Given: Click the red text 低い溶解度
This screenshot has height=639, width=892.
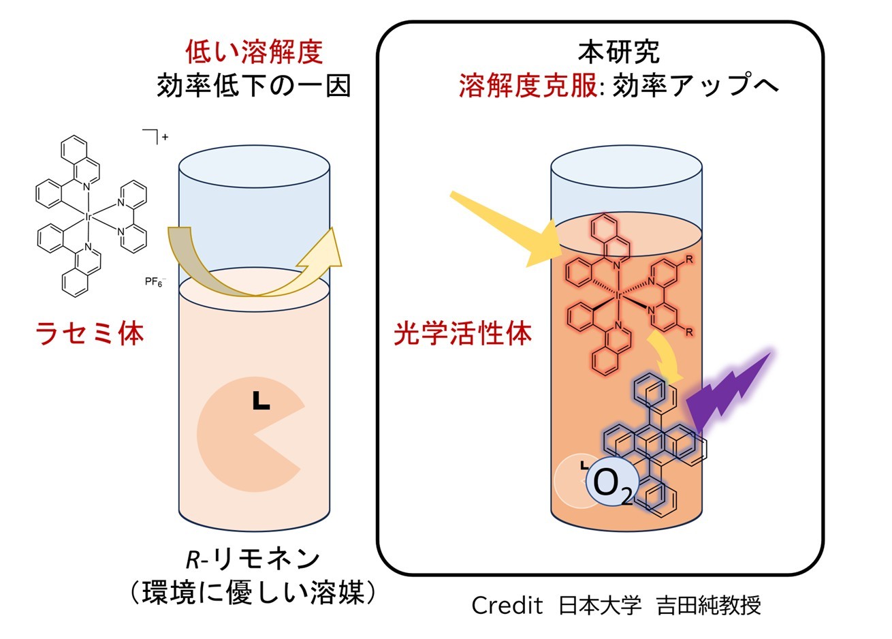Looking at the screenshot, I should tap(253, 52).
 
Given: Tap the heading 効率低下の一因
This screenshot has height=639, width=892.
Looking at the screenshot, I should tap(253, 87).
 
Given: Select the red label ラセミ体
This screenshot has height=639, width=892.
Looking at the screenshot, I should tap(89, 334).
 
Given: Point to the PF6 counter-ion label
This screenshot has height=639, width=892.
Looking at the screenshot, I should tap(155, 280).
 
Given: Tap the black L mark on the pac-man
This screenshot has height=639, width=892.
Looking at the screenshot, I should tap(261, 401).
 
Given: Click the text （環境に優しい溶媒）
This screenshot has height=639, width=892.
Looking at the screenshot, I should tap(253, 592).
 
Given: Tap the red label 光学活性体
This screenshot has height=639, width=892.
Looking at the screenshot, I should tap(463, 334).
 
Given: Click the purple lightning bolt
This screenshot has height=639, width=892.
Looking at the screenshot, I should tap(729, 395).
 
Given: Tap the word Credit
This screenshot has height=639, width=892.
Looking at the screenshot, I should tap(507, 605).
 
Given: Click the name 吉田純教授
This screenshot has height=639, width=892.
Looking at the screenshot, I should tap(708, 605).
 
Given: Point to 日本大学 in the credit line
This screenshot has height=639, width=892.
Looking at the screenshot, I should tap(600, 605).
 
